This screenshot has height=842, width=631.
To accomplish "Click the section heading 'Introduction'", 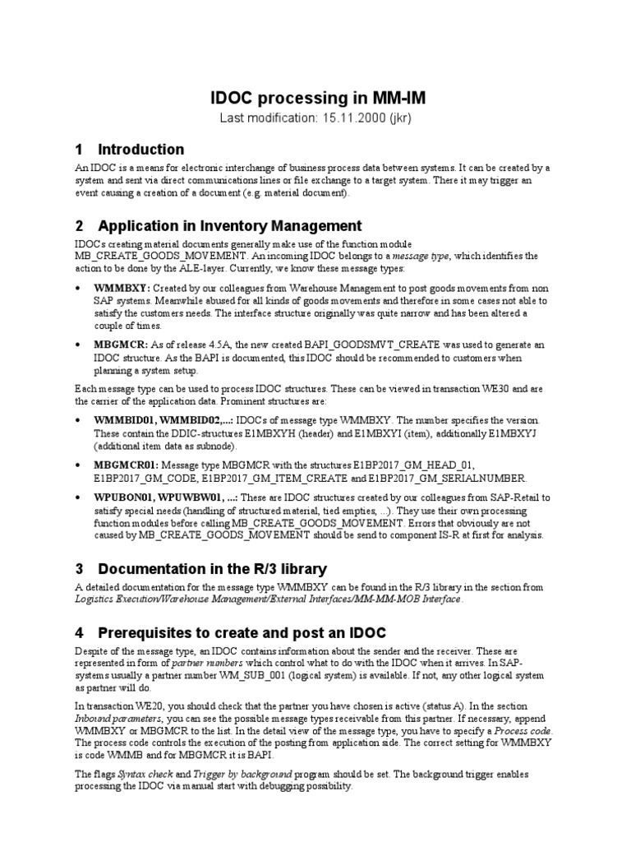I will pos(140,150).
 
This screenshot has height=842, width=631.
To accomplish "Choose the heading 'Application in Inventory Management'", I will pos(229,226).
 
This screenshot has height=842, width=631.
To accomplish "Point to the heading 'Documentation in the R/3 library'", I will pos(212,569).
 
